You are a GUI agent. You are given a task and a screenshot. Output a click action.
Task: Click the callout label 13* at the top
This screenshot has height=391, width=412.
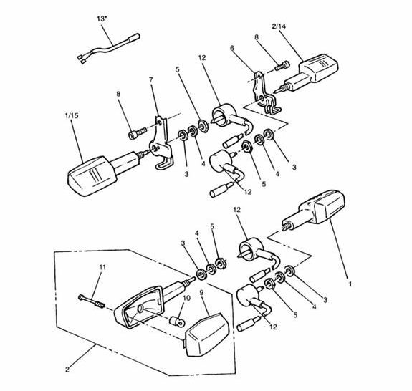[x=102, y=19]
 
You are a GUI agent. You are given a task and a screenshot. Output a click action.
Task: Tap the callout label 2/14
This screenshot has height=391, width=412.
[x=279, y=26]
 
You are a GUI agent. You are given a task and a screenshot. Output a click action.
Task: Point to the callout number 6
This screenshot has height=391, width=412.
[x=231, y=48]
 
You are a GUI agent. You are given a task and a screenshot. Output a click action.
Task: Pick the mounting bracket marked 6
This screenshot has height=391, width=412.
[x=264, y=93]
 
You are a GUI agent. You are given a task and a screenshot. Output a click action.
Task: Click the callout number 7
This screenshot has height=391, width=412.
[x=150, y=80]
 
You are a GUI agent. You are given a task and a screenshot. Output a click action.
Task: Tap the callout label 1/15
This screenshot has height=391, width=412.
[x=72, y=115]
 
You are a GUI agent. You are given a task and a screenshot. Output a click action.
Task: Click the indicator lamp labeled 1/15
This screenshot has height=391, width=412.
[x=102, y=173]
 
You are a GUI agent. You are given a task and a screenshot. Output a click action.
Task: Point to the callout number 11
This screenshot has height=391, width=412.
[x=102, y=267]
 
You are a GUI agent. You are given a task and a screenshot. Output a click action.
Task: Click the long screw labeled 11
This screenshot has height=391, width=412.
[x=92, y=301]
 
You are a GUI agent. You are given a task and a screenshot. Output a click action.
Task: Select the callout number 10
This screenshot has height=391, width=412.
[x=186, y=299]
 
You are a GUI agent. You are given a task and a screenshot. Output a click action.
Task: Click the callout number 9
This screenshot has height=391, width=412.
[x=202, y=292]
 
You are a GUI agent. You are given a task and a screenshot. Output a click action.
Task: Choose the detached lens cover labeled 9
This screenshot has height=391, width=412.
[x=207, y=334]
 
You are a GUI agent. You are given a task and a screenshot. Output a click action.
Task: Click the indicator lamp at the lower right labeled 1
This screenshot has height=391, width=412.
[x=314, y=210]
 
